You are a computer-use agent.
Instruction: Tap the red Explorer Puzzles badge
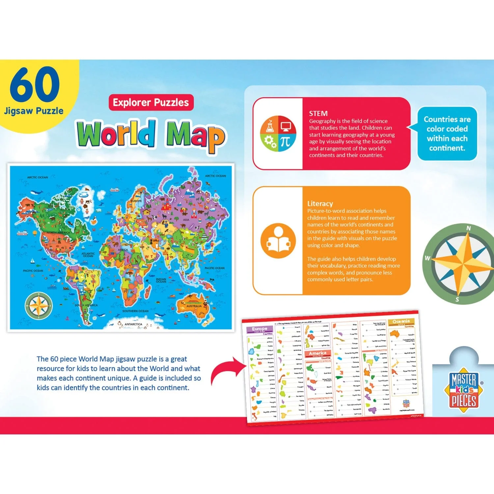[151, 102]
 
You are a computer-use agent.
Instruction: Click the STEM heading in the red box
[318, 114]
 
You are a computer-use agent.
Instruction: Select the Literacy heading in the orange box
[320, 204]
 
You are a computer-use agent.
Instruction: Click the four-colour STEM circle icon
[278, 133]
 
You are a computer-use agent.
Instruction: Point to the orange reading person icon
[278, 241]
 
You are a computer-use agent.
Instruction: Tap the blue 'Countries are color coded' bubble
[447, 133]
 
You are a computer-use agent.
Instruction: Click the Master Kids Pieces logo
[464, 390]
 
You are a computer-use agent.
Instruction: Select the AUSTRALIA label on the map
[194, 306]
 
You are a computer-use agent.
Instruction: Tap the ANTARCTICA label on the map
[133, 324]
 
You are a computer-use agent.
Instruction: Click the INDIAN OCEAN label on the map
[161, 280]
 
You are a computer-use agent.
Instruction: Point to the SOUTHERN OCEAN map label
[135, 311]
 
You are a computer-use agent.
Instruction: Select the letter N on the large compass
[468, 228]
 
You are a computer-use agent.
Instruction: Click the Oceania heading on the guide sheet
[401, 321]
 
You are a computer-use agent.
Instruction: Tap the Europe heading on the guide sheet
[260, 329]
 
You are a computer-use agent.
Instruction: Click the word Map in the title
[196, 135]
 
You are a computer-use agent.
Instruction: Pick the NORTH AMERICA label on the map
[58, 233]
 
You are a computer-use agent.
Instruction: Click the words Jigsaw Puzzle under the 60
[34, 111]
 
